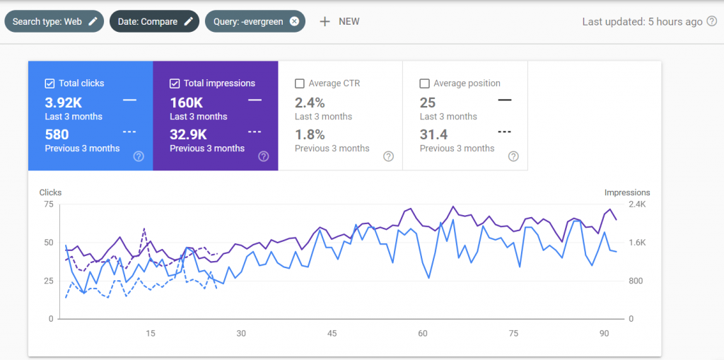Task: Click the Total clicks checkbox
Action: coord(49,83)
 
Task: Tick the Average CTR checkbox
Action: coord(299,83)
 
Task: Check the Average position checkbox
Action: coord(424,83)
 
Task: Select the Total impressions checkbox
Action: coord(175,83)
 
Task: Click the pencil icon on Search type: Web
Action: coord(93,21)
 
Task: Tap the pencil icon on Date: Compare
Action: coord(188,21)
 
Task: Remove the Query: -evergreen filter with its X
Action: coord(294,21)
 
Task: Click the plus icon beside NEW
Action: coord(325,22)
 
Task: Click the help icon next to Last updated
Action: coord(712,22)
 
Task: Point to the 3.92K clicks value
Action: coord(62,103)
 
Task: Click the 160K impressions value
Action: coord(187,103)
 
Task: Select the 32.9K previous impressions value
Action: coord(188,134)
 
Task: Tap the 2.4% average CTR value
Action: coord(310,103)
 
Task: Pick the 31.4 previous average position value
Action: coord(433,134)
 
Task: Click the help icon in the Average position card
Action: coord(513,156)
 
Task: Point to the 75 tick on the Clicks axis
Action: coord(49,204)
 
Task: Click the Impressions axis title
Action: coord(627,192)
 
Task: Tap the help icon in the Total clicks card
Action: coord(139,156)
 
